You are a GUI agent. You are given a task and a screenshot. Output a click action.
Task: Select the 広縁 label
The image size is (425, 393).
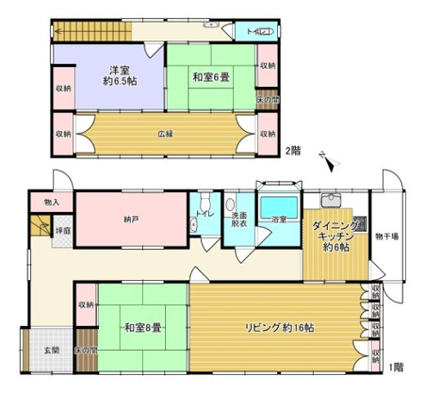(x=164, y=133)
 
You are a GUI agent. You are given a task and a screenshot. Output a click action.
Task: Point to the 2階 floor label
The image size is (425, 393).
(x=293, y=151)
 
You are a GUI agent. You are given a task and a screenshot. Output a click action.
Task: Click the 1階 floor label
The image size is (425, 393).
(x=399, y=365)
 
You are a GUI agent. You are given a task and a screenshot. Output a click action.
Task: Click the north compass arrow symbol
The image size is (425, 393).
(x=325, y=160)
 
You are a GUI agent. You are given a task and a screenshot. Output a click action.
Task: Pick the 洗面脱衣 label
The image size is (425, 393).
(x=239, y=220)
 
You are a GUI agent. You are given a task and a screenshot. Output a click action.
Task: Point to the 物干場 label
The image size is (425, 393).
(x=386, y=235)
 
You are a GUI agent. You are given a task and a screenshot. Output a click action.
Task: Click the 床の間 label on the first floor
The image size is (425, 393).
(x=86, y=351)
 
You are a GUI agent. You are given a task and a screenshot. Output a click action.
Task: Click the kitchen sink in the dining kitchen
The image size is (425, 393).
(x=332, y=199)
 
